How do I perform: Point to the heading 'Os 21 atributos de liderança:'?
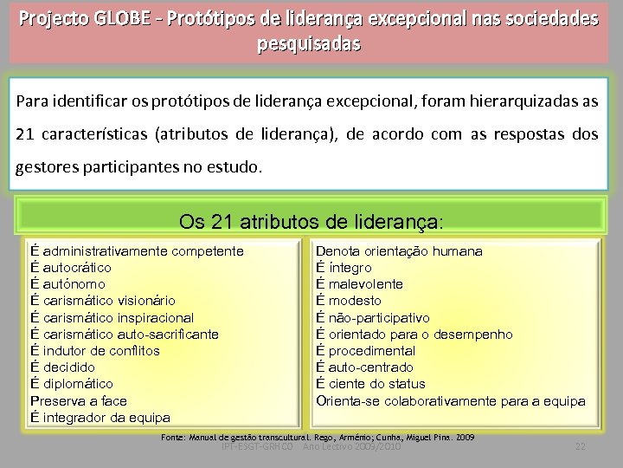(x=311, y=221)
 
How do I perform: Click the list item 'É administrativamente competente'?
(x=137, y=251)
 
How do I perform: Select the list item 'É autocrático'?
(x=71, y=268)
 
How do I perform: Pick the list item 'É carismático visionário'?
(x=102, y=301)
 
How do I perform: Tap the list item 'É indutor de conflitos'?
(x=95, y=351)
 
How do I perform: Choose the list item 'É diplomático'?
(x=72, y=384)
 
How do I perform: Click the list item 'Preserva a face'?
(x=79, y=400)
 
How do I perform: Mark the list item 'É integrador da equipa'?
(x=100, y=417)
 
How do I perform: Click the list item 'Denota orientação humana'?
(x=399, y=251)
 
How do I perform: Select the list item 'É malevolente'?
(x=360, y=284)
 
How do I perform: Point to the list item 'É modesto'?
(x=349, y=301)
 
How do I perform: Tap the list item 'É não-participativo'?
(x=373, y=318)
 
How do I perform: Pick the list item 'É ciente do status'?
(x=371, y=384)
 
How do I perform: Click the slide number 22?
(x=581, y=446)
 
